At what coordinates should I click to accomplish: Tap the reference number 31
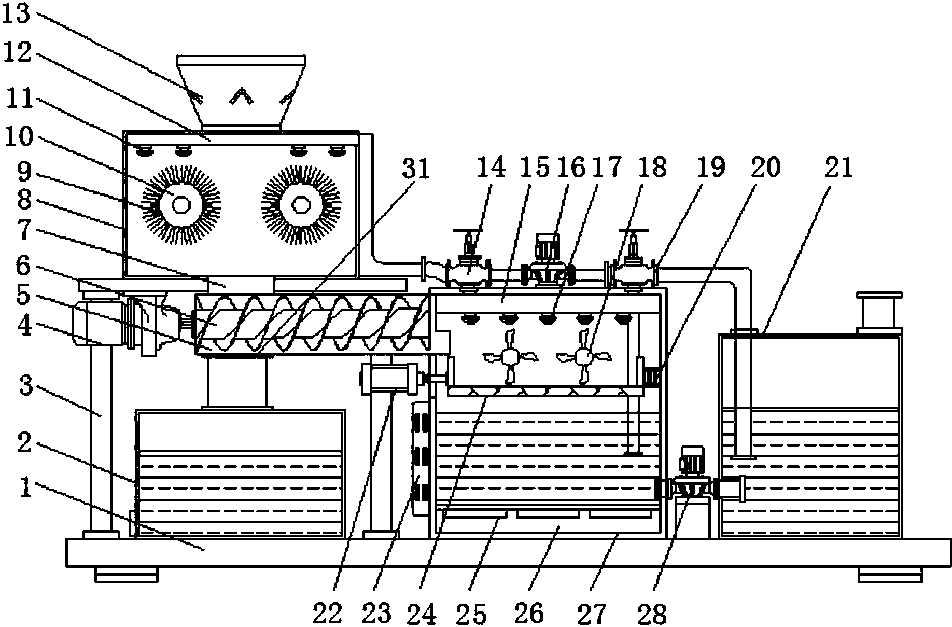[417, 169]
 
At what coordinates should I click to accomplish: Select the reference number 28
[652, 613]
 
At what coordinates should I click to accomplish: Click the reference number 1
[25, 488]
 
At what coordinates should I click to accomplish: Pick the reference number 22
[328, 613]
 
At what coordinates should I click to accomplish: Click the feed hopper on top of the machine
[241, 93]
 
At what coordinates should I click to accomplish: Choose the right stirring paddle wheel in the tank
[584, 356]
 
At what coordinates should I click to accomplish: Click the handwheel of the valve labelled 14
[468, 231]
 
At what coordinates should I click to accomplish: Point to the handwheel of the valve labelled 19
[633, 231]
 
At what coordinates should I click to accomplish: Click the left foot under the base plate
[126, 575]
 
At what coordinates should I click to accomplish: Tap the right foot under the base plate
[889, 575]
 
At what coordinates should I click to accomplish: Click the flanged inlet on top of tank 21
[879, 311]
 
